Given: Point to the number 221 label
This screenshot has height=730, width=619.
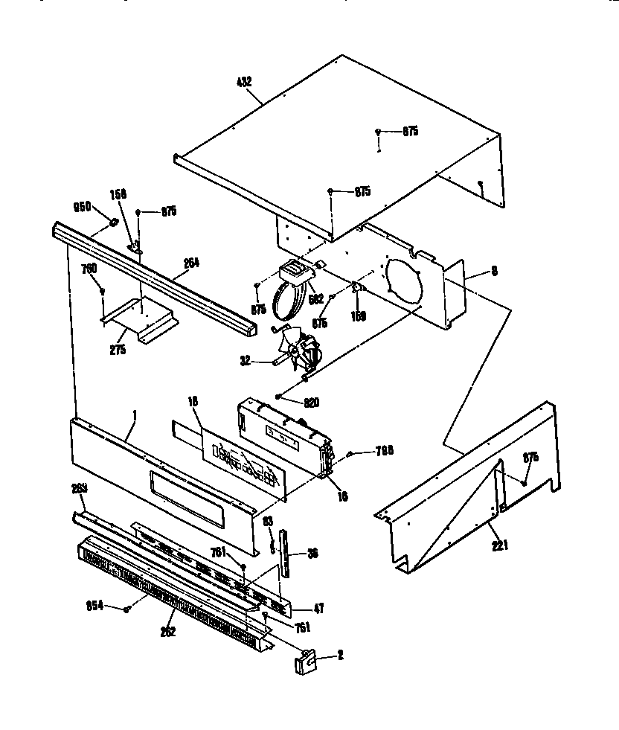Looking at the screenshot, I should [500, 546].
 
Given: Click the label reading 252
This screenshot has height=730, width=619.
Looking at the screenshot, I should [169, 632].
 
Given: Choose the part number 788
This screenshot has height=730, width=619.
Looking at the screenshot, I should [384, 450].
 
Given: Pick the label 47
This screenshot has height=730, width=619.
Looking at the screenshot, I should [318, 608].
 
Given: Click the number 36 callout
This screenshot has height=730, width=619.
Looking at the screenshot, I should [312, 553].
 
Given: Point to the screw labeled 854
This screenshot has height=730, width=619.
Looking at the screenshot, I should [128, 609].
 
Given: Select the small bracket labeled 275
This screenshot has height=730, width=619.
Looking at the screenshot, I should [141, 318].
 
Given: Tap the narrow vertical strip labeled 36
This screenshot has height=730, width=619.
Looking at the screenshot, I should [285, 551].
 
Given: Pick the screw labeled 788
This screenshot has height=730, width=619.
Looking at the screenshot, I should [351, 453].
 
